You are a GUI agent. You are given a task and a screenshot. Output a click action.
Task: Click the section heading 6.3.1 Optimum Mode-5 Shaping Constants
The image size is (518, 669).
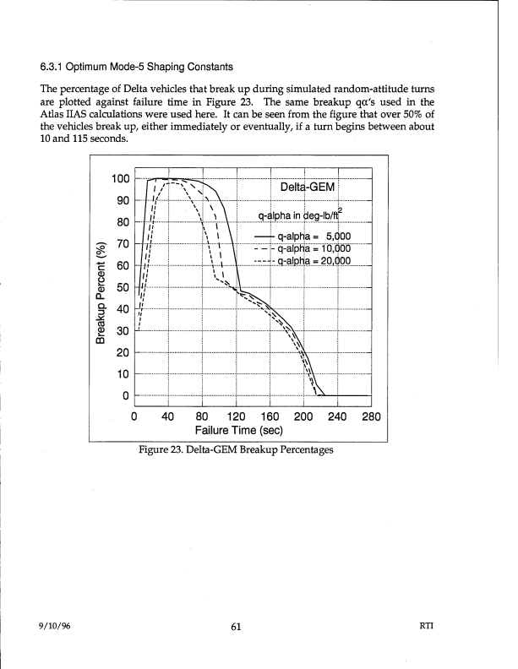[137, 67]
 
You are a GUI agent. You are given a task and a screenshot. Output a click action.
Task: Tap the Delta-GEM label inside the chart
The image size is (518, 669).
[308, 187]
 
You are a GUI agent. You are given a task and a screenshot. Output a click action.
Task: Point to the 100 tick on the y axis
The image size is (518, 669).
[120, 179]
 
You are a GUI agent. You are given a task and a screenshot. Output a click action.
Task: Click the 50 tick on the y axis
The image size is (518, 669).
[123, 287]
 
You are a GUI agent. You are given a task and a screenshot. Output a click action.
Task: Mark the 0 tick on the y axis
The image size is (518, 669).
[125, 396]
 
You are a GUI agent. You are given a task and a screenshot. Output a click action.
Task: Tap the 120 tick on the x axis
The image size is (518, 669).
[236, 416]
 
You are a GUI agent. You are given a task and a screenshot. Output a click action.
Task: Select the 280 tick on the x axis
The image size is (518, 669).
[371, 416]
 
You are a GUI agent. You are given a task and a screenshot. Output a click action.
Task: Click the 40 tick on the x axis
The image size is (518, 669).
[168, 416]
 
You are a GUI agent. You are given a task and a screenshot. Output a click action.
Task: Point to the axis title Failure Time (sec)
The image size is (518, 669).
[239, 430]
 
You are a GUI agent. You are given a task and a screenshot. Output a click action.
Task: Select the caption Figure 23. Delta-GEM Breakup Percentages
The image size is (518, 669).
[236, 449]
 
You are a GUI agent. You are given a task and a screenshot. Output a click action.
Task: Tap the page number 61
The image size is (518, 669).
[236, 626]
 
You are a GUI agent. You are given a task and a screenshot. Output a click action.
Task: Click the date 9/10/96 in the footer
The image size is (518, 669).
[55, 626]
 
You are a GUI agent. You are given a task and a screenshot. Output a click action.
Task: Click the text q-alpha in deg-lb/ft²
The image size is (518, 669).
[300, 215]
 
